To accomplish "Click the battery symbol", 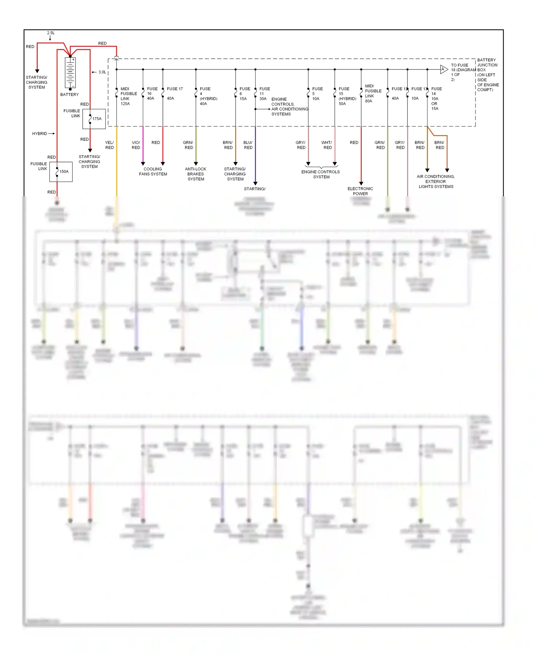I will pyautogui.click(x=70, y=73).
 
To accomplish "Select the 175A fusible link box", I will pyautogui.click(x=94, y=119).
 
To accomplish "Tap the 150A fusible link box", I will pyautogui.click(x=61, y=172).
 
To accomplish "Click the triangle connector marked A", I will pyautogui.click(x=444, y=69).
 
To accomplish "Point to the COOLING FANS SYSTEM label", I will pyautogui.click(x=153, y=172).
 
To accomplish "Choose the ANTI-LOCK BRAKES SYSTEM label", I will pyautogui.click(x=196, y=174).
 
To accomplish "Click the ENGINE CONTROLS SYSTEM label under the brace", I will pyautogui.click(x=321, y=174).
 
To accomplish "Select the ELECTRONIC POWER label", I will pyautogui.click(x=360, y=191).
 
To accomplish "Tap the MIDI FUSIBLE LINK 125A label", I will pyautogui.click(x=128, y=96).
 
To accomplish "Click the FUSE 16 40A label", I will pyautogui.click(x=152, y=94).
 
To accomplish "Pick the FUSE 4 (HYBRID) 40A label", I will pyautogui.click(x=208, y=96).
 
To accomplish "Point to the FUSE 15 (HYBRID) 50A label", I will pyautogui.click(x=347, y=96).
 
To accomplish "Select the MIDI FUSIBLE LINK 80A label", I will pyautogui.click(x=373, y=94).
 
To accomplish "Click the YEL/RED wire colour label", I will pyautogui.click(x=109, y=145).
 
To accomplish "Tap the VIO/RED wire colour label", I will pyautogui.click(x=136, y=145).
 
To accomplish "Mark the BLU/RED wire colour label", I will pyautogui.click(x=248, y=145).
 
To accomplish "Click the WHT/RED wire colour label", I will pyautogui.click(x=327, y=145).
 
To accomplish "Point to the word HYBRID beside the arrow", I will pyautogui.click(x=39, y=134).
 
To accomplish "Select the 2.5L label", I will pyautogui.click(x=51, y=33).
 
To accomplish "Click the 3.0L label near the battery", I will pyautogui.click(x=102, y=72).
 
